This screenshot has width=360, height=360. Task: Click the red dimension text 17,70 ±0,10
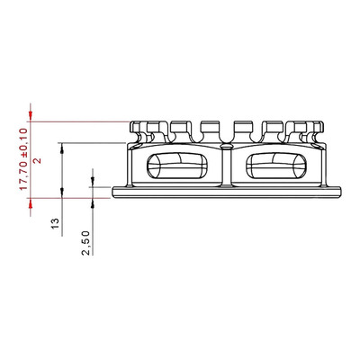point(23,158)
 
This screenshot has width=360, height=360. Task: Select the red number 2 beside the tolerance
point(38,161)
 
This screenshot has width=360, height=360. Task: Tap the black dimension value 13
point(56,223)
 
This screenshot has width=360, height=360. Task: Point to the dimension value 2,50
point(85,243)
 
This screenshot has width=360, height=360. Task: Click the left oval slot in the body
point(177,166)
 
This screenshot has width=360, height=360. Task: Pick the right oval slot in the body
point(276,166)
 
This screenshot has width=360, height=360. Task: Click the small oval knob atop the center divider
point(227,147)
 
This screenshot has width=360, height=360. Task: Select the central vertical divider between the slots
point(227,166)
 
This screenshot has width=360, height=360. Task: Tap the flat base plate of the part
point(227,192)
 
